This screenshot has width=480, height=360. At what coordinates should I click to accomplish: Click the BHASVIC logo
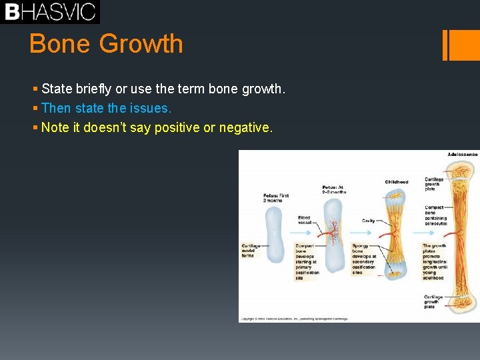[x=50, y=11]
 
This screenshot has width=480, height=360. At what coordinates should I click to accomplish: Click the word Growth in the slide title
[x=141, y=44]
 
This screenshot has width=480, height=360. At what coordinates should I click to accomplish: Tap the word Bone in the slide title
[x=60, y=44]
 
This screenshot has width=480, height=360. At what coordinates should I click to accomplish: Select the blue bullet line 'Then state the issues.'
[x=106, y=108]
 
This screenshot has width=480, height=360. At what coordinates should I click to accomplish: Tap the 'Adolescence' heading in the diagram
[x=462, y=155]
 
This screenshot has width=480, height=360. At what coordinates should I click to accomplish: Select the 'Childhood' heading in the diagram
[x=397, y=182]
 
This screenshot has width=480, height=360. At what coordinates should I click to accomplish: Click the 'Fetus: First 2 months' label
[x=276, y=198]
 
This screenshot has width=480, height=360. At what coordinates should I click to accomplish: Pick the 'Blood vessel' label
[x=304, y=220]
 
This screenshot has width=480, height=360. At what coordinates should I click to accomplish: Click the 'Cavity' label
[x=368, y=221]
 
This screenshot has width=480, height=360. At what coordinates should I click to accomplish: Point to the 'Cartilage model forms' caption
[x=251, y=250]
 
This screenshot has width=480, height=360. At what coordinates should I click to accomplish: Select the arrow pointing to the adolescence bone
[x=421, y=233]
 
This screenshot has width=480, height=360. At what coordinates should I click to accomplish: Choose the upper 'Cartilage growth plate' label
[x=434, y=184]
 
